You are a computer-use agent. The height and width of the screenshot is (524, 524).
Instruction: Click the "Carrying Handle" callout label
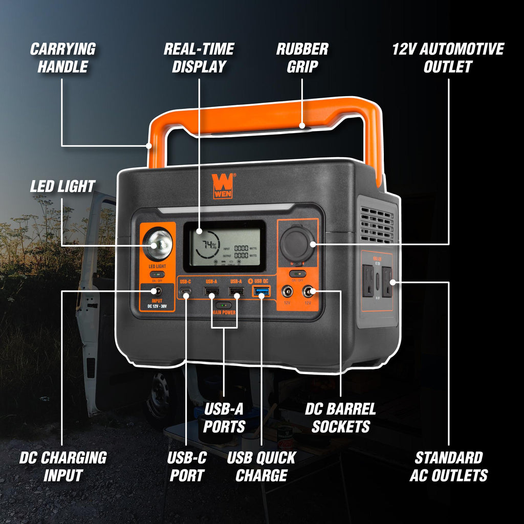click(62, 57)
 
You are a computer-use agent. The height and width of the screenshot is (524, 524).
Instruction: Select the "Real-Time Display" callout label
click(199, 57)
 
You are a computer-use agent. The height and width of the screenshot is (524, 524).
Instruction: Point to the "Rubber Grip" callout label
click(302, 57)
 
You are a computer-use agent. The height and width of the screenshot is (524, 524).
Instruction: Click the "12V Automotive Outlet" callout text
click(448, 57)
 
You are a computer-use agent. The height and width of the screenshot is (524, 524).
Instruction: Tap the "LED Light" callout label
click(62, 186)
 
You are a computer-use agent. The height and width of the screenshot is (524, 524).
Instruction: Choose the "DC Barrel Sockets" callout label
click(340, 417)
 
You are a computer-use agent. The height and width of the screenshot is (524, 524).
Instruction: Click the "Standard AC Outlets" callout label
click(448, 466)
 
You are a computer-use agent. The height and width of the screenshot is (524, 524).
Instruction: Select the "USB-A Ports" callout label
click(224, 417)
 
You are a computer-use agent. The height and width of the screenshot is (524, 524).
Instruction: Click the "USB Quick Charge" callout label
click(261, 466)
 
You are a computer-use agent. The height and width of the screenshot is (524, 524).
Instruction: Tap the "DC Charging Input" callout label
click(62, 466)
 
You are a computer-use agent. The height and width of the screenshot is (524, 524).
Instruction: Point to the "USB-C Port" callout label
click(186, 466)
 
